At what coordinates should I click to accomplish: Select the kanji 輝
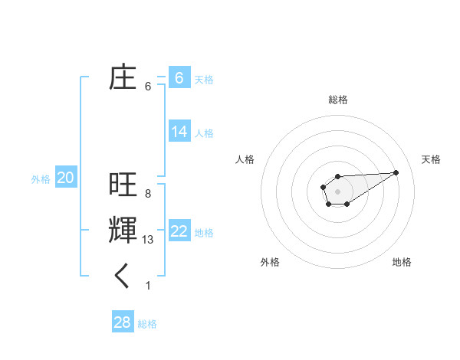click(x=123, y=231)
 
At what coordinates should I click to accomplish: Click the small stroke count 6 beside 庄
click(x=148, y=87)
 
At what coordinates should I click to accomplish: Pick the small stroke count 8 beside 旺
click(x=148, y=193)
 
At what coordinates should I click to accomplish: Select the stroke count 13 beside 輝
click(x=148, y=240)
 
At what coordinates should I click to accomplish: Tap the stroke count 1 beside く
click(x=148, y=286)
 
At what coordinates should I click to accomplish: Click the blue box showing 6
click(x=179, y=77)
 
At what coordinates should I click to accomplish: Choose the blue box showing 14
click(x=179, y=132)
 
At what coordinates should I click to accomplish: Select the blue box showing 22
click(x=179, y=231)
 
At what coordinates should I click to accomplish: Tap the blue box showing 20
click(x=66, y=178)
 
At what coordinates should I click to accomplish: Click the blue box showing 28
click(x=122, y=322)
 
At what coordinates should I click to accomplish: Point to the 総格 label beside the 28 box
click(x=147, y=324)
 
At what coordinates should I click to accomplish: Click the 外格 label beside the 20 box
click(x=41, y=179)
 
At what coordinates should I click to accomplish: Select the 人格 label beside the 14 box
click(x=204, y=133)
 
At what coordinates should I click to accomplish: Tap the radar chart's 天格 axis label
click(x=431, y=159)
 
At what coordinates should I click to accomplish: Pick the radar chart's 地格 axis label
click(x=402, y=262)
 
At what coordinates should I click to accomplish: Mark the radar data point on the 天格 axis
click(x=396, y=172)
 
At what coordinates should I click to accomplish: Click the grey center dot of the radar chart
click(x=337, y=191)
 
